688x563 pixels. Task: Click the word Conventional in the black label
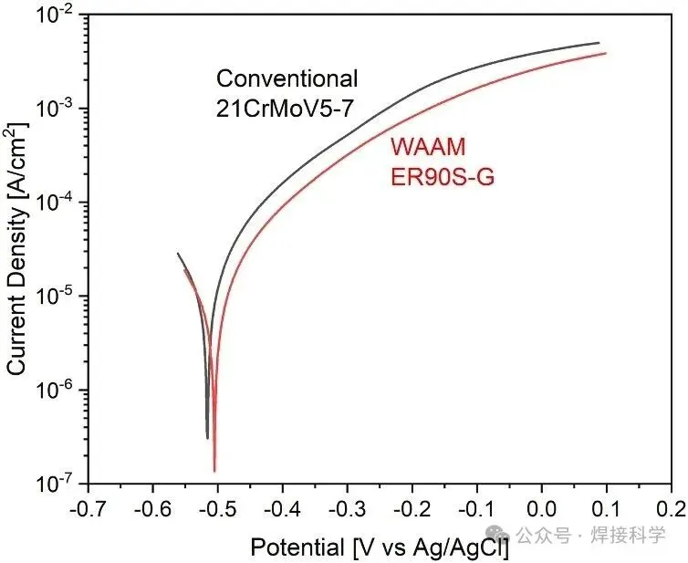[287, 78]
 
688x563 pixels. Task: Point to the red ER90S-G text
[443, 177]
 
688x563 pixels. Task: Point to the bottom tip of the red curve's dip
[214, 471]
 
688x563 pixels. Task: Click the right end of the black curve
[599, 43]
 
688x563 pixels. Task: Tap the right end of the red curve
[605, 53]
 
